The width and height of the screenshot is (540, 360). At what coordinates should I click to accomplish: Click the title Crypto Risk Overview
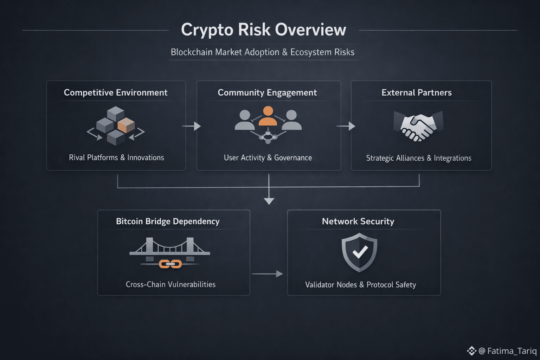263,30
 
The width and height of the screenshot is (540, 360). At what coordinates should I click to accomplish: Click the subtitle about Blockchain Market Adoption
262,52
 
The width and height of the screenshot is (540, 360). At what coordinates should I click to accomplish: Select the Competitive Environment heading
115,92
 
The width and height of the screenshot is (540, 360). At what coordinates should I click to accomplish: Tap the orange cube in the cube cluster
126,125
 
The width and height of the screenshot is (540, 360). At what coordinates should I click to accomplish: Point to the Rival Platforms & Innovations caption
116,157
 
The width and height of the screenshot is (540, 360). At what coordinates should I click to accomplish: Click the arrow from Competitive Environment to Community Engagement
191,126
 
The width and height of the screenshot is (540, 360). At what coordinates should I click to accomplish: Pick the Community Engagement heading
267,92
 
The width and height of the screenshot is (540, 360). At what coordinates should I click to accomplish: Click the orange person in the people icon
268,116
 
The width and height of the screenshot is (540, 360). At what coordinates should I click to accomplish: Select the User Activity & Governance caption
268,158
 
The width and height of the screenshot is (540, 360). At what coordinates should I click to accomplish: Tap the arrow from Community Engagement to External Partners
346,126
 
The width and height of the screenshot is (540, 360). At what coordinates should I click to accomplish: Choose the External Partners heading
417,92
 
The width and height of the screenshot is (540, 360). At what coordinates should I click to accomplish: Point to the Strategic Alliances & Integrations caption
419,158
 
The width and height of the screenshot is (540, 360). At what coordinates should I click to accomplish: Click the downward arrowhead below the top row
269,201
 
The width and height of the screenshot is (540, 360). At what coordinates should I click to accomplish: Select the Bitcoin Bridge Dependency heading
168,221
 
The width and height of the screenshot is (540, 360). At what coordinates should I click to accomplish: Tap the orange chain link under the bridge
170,264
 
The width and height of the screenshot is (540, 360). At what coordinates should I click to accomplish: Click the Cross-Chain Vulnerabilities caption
171,284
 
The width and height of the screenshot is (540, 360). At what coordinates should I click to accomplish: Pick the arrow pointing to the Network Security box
268,274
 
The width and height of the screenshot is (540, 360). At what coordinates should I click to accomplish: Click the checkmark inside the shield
360,252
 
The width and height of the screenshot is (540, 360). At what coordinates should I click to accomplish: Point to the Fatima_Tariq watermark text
512,351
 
